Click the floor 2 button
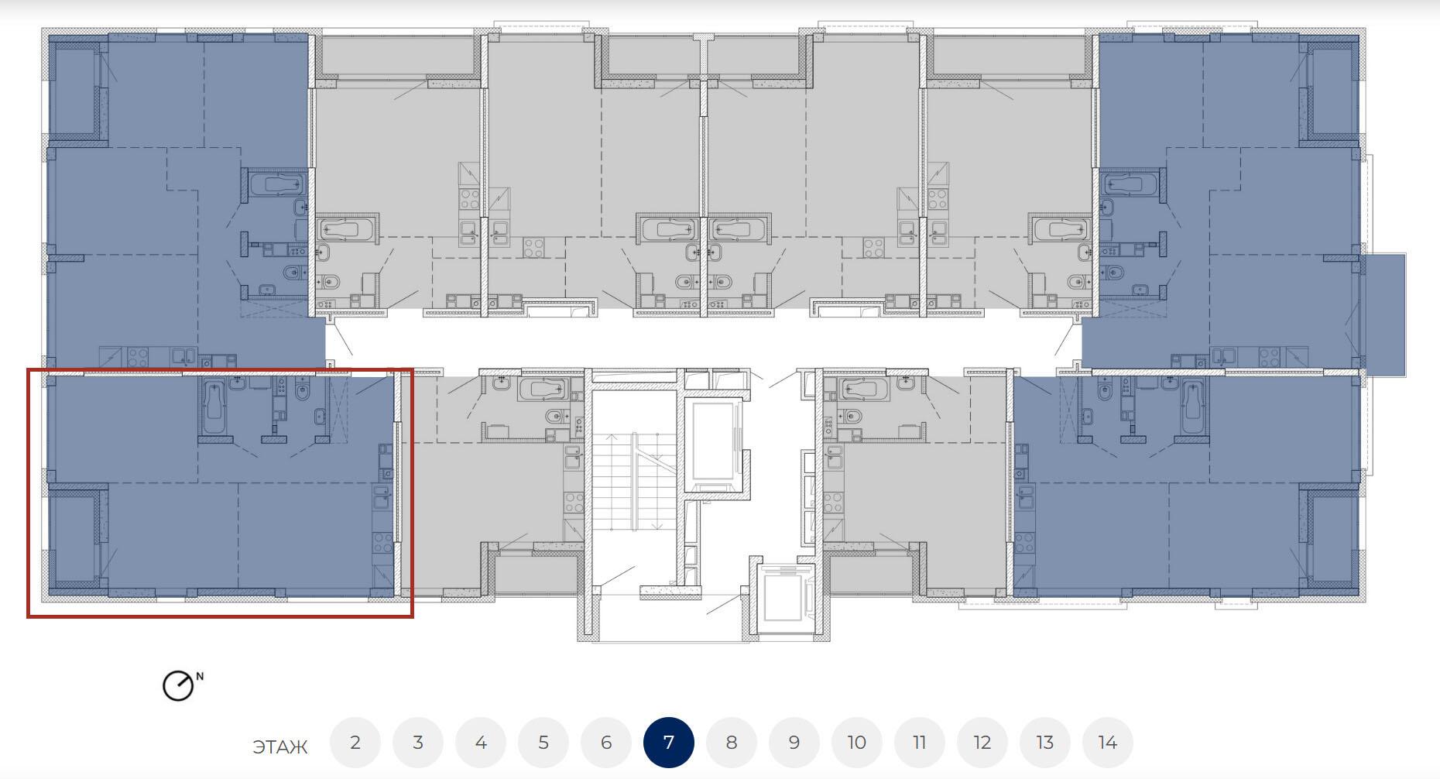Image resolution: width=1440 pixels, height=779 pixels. pos(355,743)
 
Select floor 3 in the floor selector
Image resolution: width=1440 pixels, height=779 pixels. pos(418,743)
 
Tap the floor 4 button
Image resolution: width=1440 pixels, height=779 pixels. pos(481,743)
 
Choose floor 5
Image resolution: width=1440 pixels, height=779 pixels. pos(543,743)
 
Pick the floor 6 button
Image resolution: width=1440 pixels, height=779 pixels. pos(606,743)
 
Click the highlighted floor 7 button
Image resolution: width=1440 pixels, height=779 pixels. pos(669,743)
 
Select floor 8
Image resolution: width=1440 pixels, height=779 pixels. pos(732,743)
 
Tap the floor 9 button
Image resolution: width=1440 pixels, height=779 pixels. pos(794,743)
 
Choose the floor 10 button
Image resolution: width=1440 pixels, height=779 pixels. pos(857,743)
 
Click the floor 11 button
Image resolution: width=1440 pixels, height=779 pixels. pos(920,743)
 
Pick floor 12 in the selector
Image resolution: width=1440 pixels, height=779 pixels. pos(982,743)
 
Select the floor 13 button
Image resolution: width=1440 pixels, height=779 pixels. pos(1045,743)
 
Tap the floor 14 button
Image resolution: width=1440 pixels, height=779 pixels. pos(1108,743)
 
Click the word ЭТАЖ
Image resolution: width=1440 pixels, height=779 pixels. pos(280,747)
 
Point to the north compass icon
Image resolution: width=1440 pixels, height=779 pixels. pos(177,686)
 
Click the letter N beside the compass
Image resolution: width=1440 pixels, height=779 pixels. pos(200,677)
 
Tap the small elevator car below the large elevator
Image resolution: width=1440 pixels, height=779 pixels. pos(786,595)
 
